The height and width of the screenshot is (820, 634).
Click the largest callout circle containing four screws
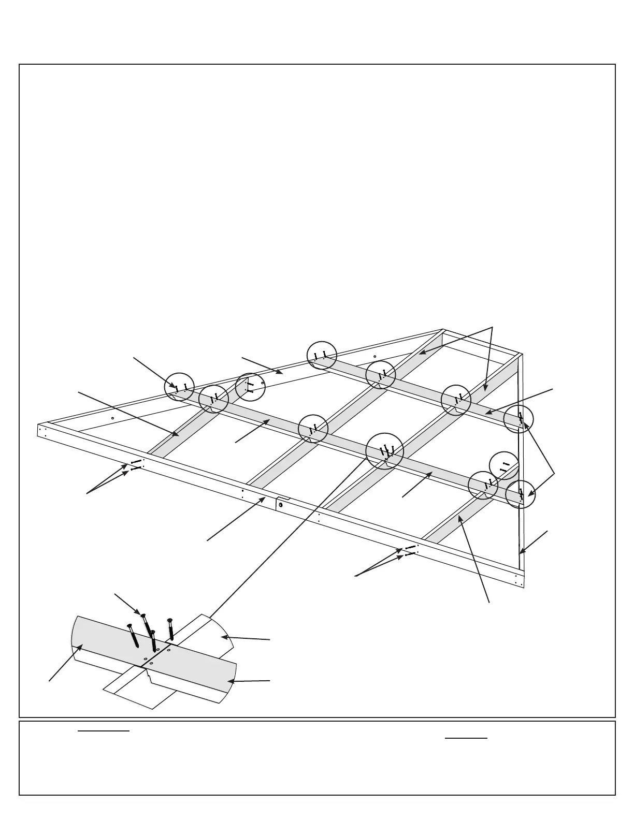(x=384, y=450)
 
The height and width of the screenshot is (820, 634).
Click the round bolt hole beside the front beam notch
(x=280, y=504)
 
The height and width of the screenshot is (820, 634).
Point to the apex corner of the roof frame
(x=443, y=330)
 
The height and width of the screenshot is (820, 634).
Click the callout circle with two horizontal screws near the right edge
(x=504, y=466)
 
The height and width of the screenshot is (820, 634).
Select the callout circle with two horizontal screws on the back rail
(x=250, y=387)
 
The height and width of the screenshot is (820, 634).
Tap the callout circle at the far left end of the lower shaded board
(x=179, y=387)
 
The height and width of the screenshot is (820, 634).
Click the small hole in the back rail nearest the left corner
(x=112, y=418)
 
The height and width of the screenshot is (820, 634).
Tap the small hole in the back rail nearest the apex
(x=374, y=356)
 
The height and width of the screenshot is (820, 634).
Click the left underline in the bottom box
(x=103, y=731)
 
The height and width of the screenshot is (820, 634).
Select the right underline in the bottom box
(x=466, y=738)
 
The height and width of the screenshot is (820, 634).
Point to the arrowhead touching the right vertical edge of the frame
(x=521, y=552)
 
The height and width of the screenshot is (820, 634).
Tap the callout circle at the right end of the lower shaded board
(x=520, y=494)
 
